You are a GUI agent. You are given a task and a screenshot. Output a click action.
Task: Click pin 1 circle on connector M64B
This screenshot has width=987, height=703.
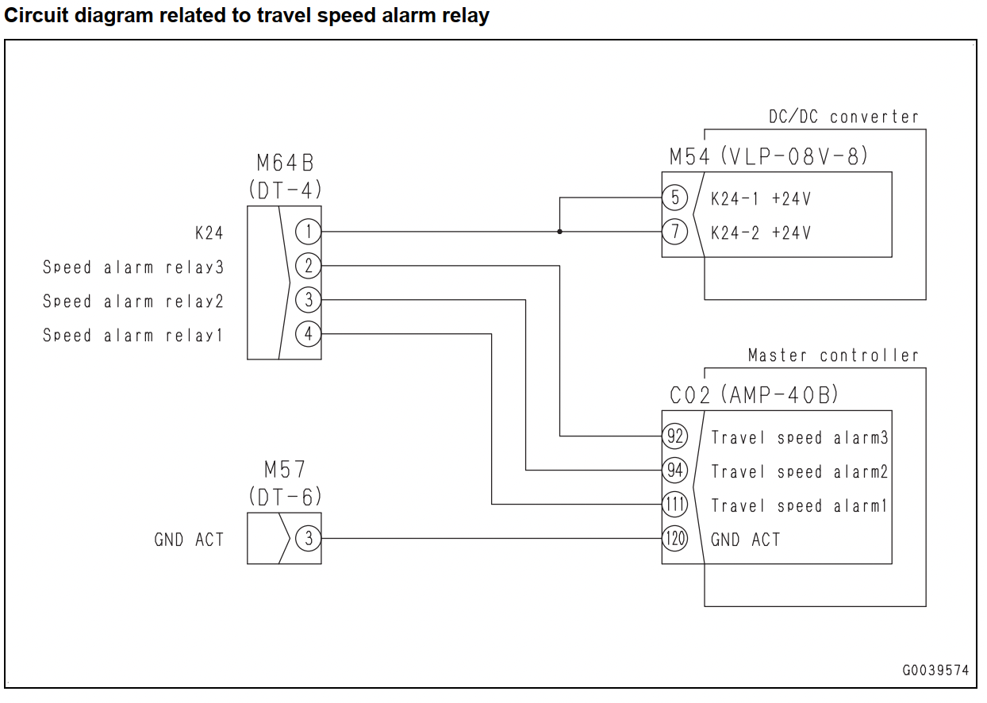point(308,232)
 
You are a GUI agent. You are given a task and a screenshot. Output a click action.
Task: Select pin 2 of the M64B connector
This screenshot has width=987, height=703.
point(308,266)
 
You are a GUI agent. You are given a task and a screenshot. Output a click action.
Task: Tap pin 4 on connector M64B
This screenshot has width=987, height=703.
point(308,334)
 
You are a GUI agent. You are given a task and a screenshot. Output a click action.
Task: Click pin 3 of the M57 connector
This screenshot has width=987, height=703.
point(308,538)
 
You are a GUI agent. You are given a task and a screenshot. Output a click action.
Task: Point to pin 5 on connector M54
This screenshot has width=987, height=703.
point(675,198)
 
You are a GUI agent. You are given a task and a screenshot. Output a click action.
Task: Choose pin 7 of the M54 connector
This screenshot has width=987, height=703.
point(675,232)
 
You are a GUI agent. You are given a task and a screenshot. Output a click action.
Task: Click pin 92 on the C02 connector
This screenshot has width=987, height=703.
point(675,436)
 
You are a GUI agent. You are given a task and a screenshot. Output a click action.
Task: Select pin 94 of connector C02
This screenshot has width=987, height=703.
point(675,470)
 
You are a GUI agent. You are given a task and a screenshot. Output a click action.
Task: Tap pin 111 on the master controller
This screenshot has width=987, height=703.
point(675,504)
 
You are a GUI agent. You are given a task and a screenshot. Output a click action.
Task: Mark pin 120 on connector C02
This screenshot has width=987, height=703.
point(675,538)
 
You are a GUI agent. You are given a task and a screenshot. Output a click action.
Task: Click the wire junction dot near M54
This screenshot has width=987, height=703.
point(559,232)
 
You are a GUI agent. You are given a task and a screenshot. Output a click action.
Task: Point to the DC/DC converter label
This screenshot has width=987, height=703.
point(843,117)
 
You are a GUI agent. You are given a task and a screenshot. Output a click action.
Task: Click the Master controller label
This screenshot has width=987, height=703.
point(833,355)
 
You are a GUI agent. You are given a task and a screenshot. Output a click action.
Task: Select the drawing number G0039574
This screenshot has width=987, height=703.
point(935,670)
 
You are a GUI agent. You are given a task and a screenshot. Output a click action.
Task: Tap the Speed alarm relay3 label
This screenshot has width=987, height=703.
point(133,267)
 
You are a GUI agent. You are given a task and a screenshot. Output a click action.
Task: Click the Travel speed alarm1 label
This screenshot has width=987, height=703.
point(799,505)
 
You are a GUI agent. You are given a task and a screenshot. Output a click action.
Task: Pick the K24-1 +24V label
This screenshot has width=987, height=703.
point(761,199)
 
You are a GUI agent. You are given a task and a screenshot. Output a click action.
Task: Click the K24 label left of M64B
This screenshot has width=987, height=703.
point(209,232)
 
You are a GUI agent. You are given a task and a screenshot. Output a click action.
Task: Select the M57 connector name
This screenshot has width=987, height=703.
point(285,470)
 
